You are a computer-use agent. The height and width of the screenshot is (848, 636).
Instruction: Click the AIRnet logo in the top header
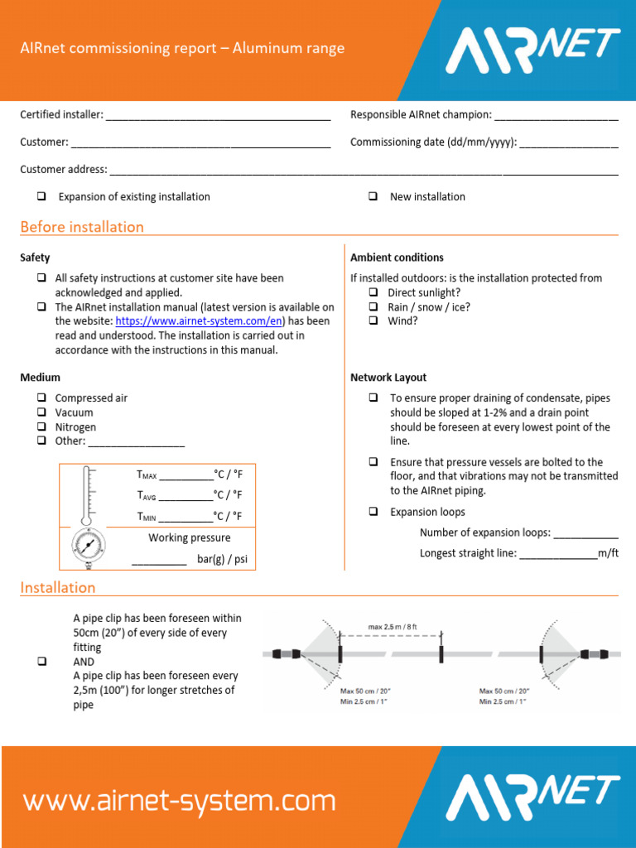[533, 50]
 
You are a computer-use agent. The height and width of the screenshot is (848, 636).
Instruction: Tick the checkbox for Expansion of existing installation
[41, 197]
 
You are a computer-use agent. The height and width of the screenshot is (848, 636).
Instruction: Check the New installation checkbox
[373, 197]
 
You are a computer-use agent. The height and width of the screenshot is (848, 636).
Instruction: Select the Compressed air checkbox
[41, 398]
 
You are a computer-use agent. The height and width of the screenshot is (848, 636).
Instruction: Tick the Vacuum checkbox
[41, 412]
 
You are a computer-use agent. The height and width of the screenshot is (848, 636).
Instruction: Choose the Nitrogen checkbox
[41, 427]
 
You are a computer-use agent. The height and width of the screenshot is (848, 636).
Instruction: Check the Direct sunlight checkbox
[373, 293]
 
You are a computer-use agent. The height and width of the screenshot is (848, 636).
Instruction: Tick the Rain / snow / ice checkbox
[373, 307]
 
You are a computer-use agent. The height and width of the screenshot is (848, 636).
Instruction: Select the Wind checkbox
[373, 321]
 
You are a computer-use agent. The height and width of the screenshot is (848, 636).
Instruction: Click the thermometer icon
[87, 494]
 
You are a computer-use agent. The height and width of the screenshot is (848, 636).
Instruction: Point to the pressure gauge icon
[88, 547]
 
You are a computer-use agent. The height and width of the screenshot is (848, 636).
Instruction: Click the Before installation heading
[82, 227]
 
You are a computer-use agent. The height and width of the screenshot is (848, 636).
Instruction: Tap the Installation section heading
[58, 588]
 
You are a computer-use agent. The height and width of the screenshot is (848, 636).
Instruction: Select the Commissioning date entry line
[569, 142]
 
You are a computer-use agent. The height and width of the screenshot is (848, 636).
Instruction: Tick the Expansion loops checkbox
[373, 513]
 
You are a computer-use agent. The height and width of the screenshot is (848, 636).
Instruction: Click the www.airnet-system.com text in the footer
[179, 802]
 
